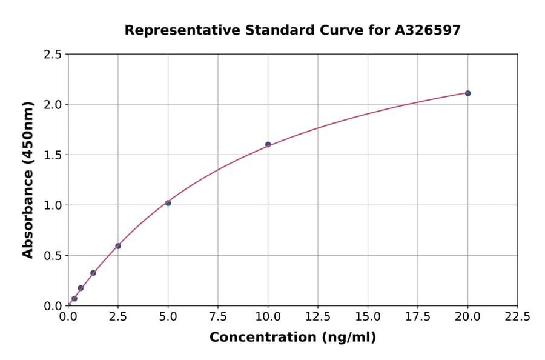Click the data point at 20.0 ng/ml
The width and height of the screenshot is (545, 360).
pos(467,93)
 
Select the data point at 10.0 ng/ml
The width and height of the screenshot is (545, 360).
pos(268,145)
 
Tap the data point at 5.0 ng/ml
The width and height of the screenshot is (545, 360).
pos(168,203)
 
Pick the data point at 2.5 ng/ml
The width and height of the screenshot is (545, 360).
pos(118,246)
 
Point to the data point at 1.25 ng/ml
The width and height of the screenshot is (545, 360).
pos(93,273)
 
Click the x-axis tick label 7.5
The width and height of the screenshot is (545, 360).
pos(218,317)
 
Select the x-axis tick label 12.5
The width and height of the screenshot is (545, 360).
pos(318,317)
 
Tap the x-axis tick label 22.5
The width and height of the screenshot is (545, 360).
pos(518,317)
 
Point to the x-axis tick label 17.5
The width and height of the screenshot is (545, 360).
pos(418,317)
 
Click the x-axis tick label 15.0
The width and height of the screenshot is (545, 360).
pos(368,317)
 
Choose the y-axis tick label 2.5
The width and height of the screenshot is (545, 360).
pos(53,55)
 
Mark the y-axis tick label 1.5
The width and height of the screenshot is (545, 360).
pos(53,155)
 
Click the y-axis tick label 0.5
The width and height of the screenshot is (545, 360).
pos(53,256)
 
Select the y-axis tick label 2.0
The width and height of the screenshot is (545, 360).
pos(53,105)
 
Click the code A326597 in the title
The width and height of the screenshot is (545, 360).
pos(428,30)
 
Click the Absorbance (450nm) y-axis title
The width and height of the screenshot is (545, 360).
pos(28,180)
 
